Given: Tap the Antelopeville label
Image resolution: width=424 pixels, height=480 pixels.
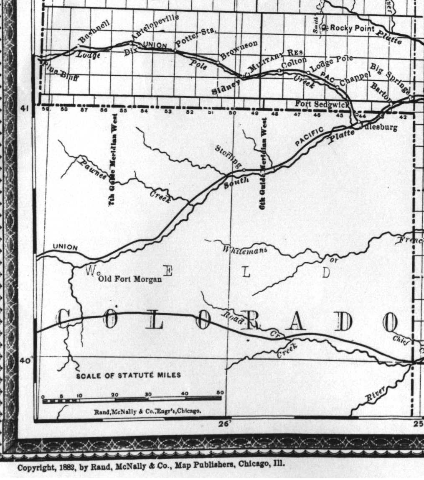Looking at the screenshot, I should click(155, 28).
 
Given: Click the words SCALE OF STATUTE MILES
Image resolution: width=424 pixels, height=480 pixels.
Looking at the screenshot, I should click(128, 375).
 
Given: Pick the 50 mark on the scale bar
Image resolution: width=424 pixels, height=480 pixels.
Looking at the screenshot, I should click(220, 393).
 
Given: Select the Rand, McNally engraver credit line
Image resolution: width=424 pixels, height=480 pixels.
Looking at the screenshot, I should click(147, 411).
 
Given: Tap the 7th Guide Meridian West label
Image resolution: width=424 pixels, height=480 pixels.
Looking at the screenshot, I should click(113, 167).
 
